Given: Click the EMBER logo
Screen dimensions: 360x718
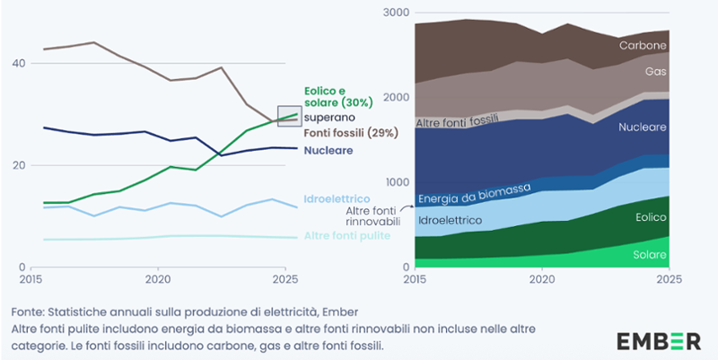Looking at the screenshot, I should click(658, 341).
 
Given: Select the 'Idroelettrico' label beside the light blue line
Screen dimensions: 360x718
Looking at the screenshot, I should click(331, 196).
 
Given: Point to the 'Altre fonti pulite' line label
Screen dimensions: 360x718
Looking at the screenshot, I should click(346, 236).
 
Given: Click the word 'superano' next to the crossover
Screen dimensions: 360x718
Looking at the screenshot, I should click(329, 117).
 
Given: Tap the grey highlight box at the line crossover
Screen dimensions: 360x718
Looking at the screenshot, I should click(288, 116).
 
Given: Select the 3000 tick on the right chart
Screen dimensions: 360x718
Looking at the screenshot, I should click(395, 13).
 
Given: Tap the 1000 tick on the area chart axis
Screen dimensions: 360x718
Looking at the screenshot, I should click(395, 183).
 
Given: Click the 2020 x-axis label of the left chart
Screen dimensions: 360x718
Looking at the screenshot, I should click(159, 279).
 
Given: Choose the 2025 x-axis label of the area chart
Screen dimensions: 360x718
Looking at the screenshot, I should click(668, 279).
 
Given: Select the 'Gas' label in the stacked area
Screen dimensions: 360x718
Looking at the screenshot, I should click(656, 70).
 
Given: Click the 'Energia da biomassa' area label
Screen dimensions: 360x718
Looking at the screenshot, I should click(474, 192).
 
